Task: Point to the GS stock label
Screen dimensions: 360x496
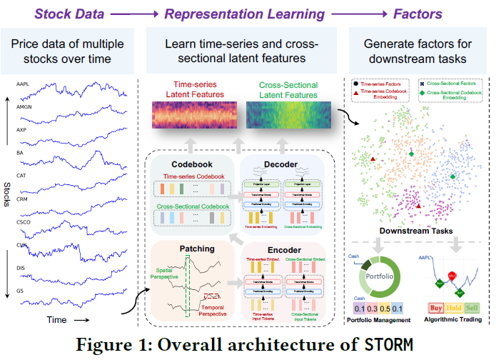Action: tap(20, 291)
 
